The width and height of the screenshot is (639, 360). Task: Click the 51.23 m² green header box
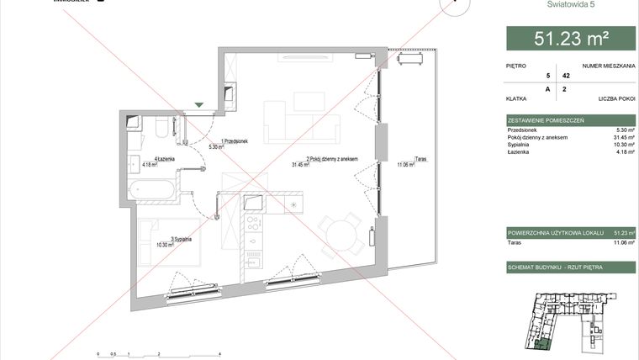571,38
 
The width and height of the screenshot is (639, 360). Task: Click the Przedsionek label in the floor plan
235,141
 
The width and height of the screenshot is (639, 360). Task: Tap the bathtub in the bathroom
154,189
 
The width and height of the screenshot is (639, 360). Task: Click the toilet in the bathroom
161,127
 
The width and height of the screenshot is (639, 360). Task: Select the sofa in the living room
302,123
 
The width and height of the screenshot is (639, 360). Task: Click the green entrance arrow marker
199,105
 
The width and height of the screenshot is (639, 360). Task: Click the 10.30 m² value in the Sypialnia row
623,144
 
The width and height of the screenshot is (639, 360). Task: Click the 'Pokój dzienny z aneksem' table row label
538,137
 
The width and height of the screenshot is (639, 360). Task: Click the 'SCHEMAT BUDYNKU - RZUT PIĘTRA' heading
556,266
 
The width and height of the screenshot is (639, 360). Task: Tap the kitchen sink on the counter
253,201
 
